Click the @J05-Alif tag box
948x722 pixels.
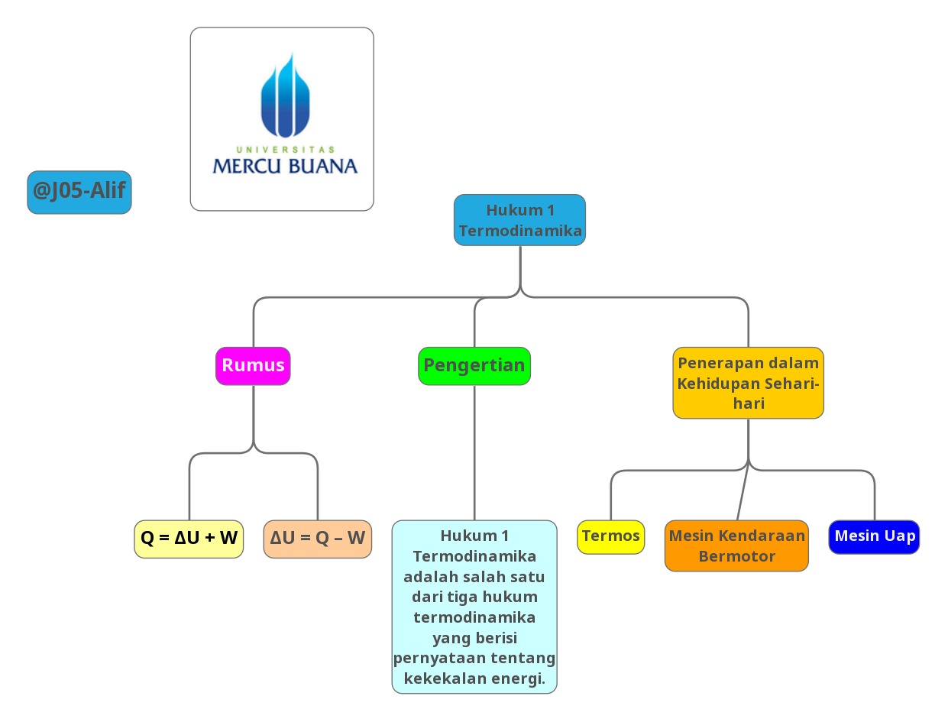click(79, 192)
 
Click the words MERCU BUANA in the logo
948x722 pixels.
click(284, 166)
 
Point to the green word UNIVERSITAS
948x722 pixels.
click(285, 149)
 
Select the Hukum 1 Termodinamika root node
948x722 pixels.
click(519, 220)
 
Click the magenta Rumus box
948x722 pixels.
click(253, 365)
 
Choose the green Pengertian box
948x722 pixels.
click(474, 365)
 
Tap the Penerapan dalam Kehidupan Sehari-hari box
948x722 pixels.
click(748, 383)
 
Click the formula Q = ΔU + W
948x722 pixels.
click(189, 538)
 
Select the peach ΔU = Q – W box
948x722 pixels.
click(317, 538)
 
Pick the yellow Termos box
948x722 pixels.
click(610, 536)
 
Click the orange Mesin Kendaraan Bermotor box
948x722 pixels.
click(736, 546)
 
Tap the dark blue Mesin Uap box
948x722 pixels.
click(874, 536)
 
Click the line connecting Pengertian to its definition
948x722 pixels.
click(474, 451)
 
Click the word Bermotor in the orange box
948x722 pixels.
click(736, 556)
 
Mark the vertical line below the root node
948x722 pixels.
click(520, 267)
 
